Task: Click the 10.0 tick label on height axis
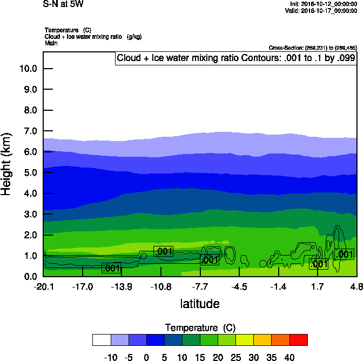(28, 69)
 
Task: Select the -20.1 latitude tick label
(43, 286)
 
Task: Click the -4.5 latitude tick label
(239, 286)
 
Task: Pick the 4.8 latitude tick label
(356, 286)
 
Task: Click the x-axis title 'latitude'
(200, 304)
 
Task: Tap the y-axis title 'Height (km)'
(6, 164)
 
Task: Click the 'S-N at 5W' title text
(63, 4)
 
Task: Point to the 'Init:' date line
(323, 4)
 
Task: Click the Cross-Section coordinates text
(313, 48)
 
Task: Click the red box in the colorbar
(299, 339)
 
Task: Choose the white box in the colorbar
(102, 339)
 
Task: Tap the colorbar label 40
(290, 357)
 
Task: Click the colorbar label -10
(110, 357)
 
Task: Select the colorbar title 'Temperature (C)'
(200, 328)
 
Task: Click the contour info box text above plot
(236, 58)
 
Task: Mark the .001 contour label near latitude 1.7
(319, 264)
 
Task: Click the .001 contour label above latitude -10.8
(163, 251)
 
